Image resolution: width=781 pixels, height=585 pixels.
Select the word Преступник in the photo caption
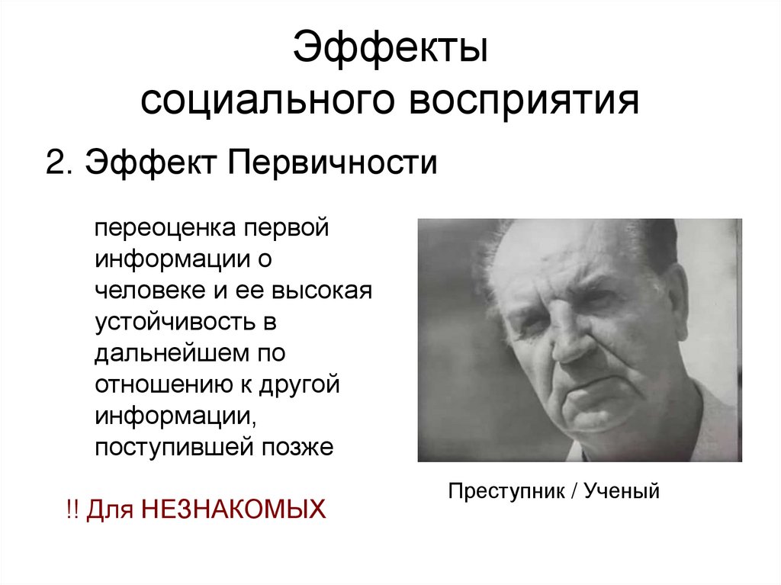coord(504,490)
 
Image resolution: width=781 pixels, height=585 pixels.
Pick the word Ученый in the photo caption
coord(619,490)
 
